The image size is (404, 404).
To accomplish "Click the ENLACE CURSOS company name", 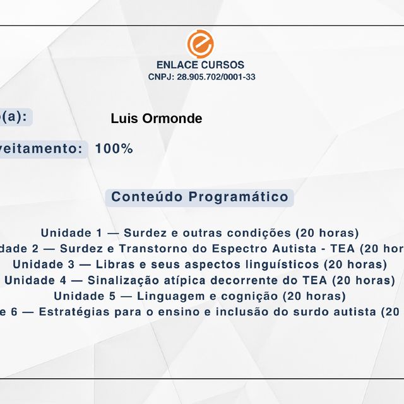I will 200,65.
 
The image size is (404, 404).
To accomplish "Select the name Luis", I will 124,119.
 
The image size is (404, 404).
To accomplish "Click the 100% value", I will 114,149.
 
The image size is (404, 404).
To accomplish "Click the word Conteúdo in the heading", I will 147,197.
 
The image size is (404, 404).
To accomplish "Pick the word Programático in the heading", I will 239,197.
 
